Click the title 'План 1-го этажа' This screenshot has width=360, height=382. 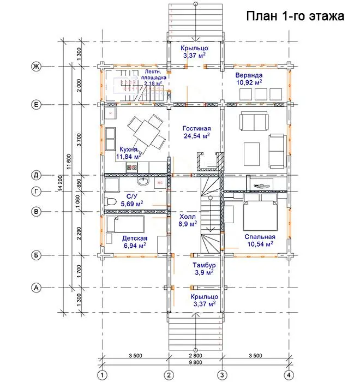point(295,16)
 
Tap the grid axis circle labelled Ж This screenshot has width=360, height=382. point(36,66)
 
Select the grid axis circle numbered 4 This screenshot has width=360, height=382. point(289,375)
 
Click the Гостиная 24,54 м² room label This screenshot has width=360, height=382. point(196,132)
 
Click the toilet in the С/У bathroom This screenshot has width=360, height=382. point(111,201)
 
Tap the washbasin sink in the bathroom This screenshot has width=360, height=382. point(143,181)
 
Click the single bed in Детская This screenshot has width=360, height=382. point(125,224)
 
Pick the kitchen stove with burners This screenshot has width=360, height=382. point(132,168)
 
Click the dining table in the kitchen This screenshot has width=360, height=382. point(147,133)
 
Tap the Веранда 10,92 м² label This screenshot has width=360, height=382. point(249,79)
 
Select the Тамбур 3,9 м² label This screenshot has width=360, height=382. point(204,268)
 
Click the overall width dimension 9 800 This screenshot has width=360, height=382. point(195,362)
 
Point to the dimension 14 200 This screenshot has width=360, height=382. point(61,183)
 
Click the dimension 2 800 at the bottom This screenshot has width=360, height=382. point(195,355)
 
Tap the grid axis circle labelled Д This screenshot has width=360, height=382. point(36,175)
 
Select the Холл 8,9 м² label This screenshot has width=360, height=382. point(188,220)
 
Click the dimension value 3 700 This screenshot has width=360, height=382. point(79,140)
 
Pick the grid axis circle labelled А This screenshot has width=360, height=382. point(36,288)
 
